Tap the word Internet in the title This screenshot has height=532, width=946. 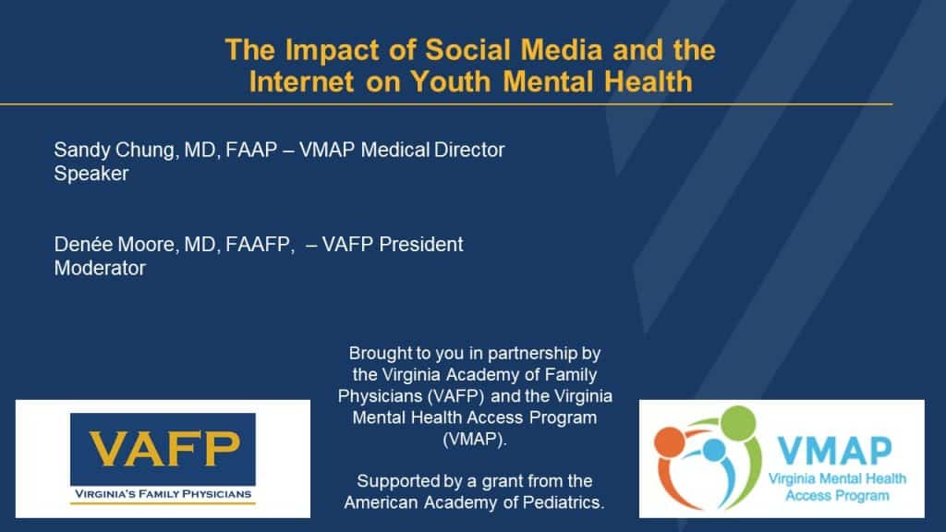301,81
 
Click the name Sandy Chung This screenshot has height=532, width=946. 115,151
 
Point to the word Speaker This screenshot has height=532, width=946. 91,174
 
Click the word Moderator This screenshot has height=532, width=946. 100,269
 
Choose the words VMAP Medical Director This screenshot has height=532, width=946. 402,151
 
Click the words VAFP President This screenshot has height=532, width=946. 393,245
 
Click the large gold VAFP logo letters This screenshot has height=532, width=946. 164,449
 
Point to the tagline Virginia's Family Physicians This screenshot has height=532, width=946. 163,494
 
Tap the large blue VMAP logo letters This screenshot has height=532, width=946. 834,451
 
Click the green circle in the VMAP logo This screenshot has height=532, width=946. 738,422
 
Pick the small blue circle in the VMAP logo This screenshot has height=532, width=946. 714,450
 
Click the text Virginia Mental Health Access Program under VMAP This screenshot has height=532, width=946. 837,488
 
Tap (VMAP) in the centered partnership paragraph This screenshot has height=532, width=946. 475,439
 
